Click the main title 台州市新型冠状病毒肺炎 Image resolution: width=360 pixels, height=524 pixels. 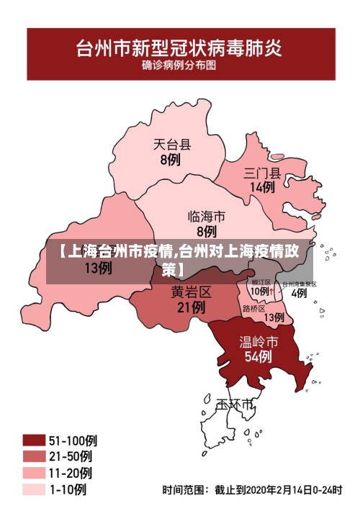click(180, 49)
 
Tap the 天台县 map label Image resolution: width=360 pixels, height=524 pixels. click(172, 144)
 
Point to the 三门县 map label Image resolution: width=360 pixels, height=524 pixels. click(262, 173)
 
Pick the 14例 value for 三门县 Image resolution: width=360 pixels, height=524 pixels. click(262, 188)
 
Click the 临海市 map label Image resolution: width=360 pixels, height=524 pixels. click(207, 216)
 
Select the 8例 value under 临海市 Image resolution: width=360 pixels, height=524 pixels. click(207, 232)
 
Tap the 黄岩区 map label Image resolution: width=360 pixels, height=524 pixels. click(191, 292)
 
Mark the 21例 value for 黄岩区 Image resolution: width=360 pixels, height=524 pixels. click(191, 307)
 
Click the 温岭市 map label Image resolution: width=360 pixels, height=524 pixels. click(258, 340)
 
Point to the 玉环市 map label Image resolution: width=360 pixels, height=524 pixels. click(236, 405)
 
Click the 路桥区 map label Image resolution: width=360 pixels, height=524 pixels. click(254, 308)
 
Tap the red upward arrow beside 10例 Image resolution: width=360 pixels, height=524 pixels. click(273, 292)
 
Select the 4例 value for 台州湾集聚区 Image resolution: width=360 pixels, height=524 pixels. click(299, 293)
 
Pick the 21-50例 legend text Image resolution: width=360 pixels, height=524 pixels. click(71, 456)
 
